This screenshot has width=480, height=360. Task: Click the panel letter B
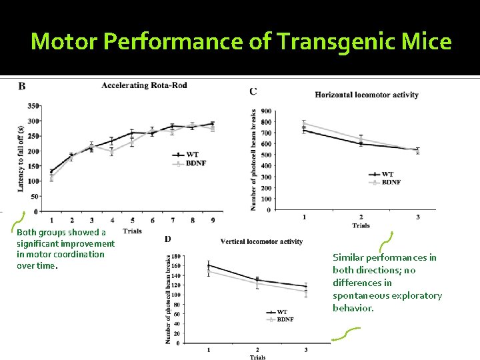22,86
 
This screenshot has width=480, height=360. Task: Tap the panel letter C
253,91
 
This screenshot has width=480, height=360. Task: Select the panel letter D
167,239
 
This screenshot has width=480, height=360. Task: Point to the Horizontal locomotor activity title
367,95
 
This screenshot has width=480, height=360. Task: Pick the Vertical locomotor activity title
261,241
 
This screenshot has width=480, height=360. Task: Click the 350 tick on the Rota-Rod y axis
33,106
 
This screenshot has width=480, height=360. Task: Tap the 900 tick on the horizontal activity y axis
266,111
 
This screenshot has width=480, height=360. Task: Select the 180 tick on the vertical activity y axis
176,257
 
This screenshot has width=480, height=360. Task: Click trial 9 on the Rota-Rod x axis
213,221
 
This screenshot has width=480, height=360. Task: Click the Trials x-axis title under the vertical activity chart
257,357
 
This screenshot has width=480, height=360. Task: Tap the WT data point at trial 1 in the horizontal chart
304,129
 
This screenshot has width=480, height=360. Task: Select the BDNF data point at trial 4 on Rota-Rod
112,151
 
